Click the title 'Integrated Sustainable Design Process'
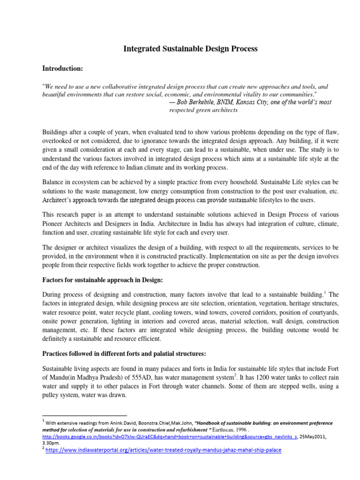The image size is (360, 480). (190, 48)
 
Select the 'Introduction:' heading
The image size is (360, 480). (62, 69)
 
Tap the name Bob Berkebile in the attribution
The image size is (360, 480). (195, 102)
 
